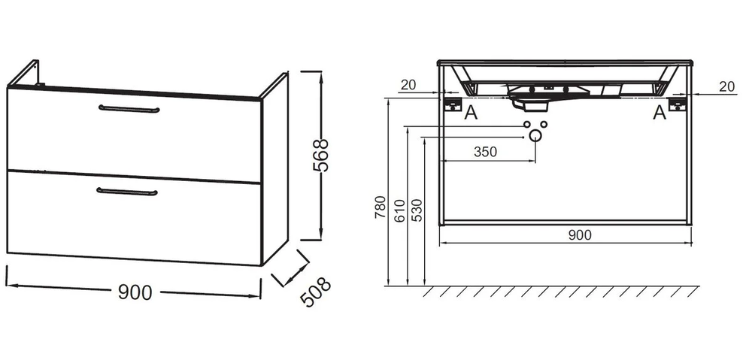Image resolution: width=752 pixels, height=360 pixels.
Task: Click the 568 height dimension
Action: pyautogui.click(x=320, y=156)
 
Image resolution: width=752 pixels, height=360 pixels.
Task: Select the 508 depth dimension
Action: pyautogui.click(x=315, y=292)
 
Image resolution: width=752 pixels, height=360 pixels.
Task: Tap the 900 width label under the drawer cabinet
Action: pyautogui.click(x=135, y=292)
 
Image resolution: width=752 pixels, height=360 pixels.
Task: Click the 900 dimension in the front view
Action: pyautogui.click(x=580, y=235)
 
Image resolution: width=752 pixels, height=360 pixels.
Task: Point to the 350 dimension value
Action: pyautogui.click(x=485, y=152)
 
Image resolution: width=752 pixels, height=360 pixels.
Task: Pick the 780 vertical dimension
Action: pyautogui.click(x=381, y=207)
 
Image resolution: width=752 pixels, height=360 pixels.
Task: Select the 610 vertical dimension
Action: pyautogui.click(x=399, y=210)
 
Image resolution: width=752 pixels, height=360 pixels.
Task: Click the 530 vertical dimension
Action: pyautogui.click(x=417, y=210)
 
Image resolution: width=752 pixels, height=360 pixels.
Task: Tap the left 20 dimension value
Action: pyautogui.click(x=408, y=86)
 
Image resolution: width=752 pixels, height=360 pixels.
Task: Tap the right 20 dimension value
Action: pyautogui.click(x=727, y=86)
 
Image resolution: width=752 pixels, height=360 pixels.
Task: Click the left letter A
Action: pyautogui.click(x=471, y=113)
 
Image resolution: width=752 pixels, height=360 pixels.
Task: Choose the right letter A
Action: pyautogui.click(x=660, y=113)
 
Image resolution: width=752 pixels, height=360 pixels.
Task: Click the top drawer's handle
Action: pyautogui.click(x=129, y=109)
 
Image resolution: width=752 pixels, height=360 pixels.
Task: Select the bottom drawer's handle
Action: pyautogui.click(x=126, y=192)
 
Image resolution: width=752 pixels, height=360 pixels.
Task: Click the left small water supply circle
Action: pyautogui.click(x=527, y=125)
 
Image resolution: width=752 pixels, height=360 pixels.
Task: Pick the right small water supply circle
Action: pyautogui.click(x=544, y=125)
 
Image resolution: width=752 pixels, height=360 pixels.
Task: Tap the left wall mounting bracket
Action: pyautogui.click(x=452, y=104)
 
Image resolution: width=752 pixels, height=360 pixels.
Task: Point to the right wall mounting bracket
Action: pyautogui.click(x=678, y=104)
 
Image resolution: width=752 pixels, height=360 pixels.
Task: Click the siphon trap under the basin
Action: pyautogui.click(x=530, y=104)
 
